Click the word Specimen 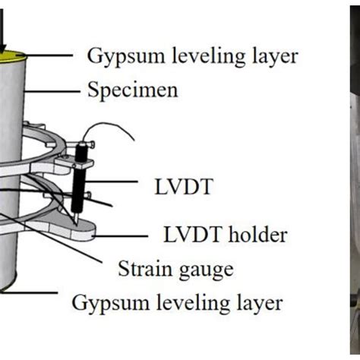(x=133, y=90)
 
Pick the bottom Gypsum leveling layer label (x=178, y=303)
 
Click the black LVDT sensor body (x=80, y=182)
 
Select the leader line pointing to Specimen (x=53, y=90)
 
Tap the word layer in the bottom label (x=263, y=303)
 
